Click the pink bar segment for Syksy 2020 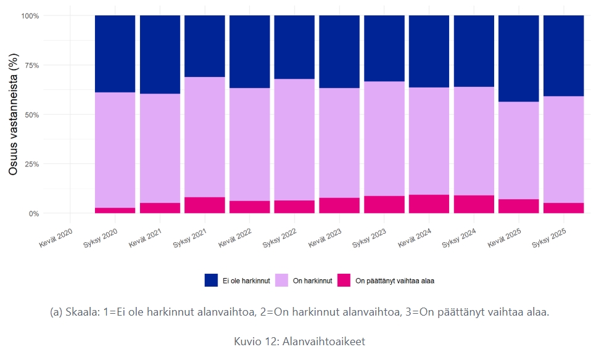(x=115, y=210)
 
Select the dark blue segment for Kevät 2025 (x=518, y=58)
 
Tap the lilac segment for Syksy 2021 (x=204, y=137)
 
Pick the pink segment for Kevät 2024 (x=429, y=204)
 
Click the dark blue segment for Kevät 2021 (x=160, y=54)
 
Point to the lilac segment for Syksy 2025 (x=563, y=149)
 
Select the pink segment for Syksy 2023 (x=384, y=205)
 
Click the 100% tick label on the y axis (x=30, y=15)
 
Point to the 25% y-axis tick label (x=31, y=164)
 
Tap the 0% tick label (x=33, y=213)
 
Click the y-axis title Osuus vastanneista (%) (x=13, y=114)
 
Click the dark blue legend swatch (x=211, y=280)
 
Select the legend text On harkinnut (x=312, y=281)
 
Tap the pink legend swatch (x=344, y=280)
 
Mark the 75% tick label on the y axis (x=31, y=65)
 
